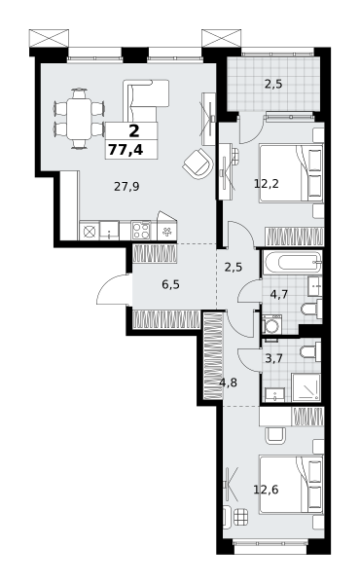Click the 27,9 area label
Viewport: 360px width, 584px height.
tap(126, 187)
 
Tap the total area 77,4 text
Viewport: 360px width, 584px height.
tap(126, 150)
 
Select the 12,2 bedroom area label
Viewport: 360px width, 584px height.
tap(267, 183)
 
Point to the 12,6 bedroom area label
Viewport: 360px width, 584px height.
tap(266, 489)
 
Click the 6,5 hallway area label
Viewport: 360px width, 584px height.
tap(170, 284)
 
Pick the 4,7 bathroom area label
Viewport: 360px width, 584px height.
tap(279, 295)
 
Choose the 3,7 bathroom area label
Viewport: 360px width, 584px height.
tap(273, 358)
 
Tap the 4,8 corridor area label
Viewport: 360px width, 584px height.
tap(229, 383)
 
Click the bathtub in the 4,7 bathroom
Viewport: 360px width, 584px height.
tap(292, 263)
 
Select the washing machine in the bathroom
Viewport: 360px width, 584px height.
tap(272, 324)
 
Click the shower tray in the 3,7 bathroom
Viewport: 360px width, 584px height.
tap(306, 387)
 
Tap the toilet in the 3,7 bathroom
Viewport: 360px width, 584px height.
tap(311, 352)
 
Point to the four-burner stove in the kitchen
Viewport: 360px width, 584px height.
tap(141, 230)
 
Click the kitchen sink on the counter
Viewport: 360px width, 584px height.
tap(109, 230)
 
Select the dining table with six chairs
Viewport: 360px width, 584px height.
tap(79, 119)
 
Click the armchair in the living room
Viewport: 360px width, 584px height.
tap(198, 164)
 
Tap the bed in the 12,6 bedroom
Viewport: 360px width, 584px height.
tap(291, 485)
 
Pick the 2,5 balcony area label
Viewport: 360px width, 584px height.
tap(273, 84)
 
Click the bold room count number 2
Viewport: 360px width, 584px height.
tap(134, 131)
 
